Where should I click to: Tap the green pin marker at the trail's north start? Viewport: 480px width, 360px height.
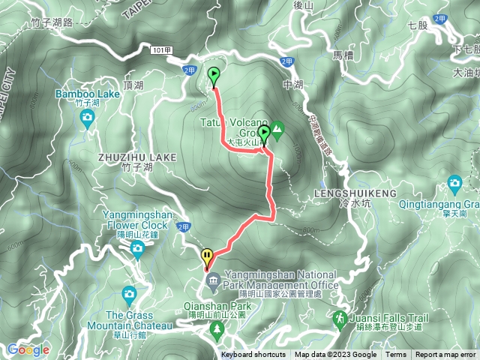214,76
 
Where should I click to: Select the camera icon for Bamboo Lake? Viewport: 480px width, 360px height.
88,117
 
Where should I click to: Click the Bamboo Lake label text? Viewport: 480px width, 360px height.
87,94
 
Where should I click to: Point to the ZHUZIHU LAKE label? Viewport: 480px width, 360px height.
136,157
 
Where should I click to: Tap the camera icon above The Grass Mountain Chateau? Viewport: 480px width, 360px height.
129,294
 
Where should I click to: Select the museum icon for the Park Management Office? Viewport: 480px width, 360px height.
213,280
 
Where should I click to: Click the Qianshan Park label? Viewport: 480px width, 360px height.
218,306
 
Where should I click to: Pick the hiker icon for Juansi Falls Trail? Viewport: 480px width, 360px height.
340,319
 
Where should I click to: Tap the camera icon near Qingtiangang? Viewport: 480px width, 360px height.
454,183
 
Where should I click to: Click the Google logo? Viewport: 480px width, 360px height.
28,349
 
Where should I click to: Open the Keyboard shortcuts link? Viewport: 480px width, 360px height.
253,355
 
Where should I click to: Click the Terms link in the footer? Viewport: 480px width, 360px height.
396,355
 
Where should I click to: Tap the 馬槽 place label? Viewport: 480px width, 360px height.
343,55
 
